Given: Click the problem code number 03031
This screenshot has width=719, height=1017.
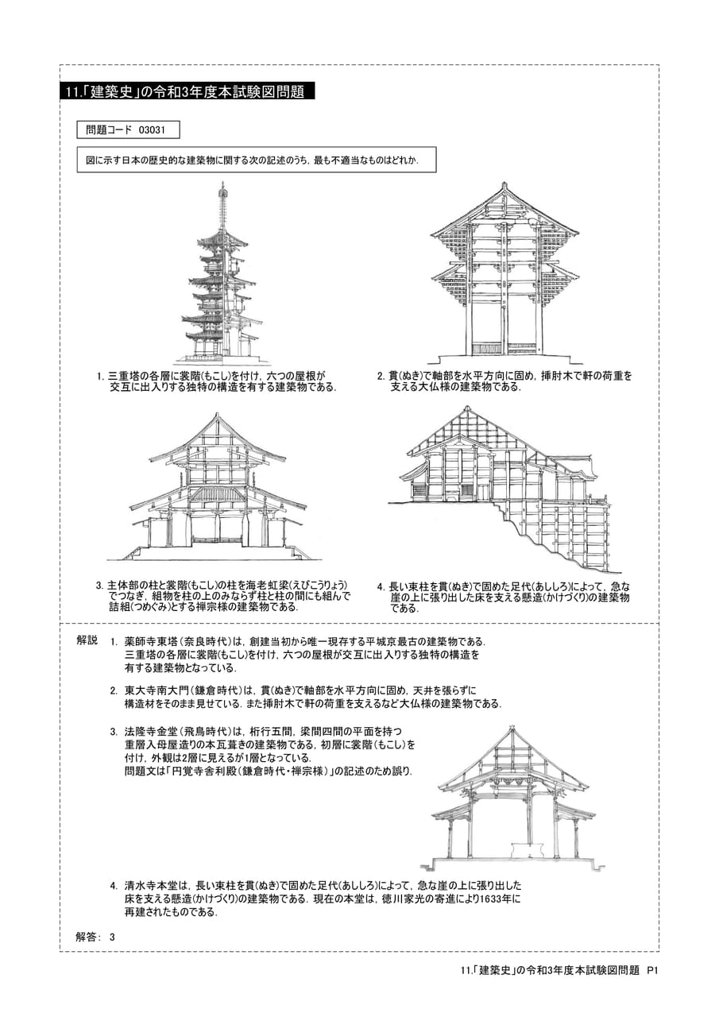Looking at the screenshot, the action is (152, 130).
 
